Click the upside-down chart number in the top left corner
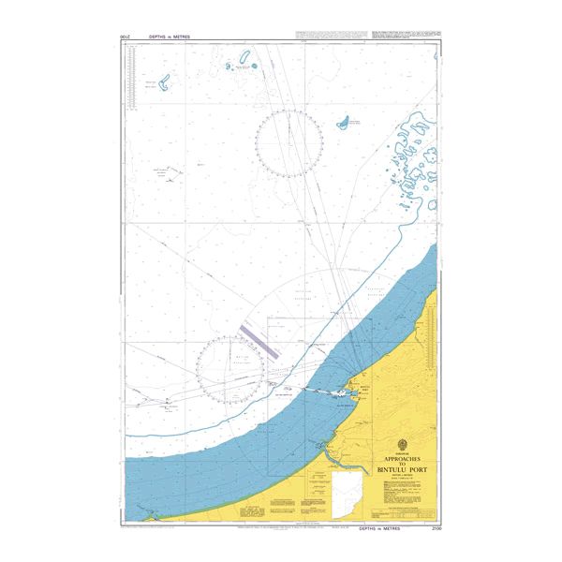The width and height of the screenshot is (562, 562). [126, 37]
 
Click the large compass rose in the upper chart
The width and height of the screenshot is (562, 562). [289, 143]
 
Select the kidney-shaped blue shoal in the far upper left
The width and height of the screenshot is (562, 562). [165, 83]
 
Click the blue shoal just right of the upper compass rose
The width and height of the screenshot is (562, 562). [344, 122]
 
